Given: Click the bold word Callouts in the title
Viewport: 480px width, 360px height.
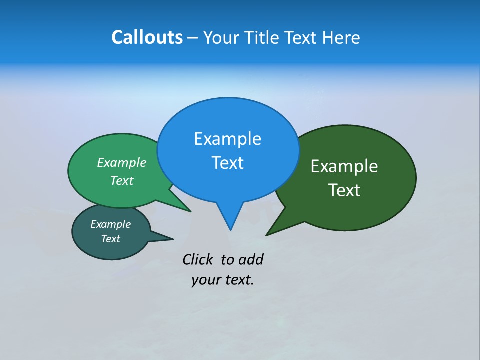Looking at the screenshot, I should (x=147, y=37).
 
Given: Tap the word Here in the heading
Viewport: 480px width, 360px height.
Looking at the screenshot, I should (x=341, y=37).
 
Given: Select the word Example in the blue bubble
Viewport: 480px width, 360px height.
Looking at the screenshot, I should (x=227, y=139).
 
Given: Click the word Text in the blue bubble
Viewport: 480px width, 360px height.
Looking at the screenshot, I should (x=227, y=163).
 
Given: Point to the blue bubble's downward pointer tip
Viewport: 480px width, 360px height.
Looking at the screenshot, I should (x=230, y=229).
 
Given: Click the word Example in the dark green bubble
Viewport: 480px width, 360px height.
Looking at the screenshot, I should (x=344, y=166).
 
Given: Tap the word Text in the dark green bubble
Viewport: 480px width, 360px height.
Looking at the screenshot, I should (x=344, y=190).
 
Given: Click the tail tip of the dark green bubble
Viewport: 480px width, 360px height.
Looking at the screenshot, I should (x=267, y=234).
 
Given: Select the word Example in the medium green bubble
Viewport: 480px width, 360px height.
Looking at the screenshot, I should (x=122, y=162).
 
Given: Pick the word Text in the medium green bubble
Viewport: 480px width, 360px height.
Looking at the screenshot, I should (x=122, y=180).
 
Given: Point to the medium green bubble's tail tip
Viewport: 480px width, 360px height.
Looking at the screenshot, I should (x=190, y=211).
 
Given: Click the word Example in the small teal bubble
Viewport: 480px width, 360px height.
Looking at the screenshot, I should (x=110, y=224).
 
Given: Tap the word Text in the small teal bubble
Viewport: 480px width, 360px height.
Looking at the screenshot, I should (x=110, y=239).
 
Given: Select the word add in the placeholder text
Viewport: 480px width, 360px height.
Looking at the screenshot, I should (x=251, y=259).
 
